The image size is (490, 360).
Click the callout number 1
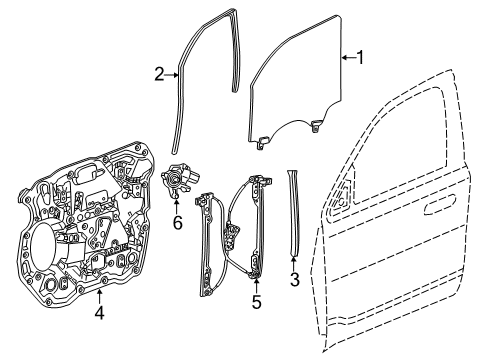tap(361, 59)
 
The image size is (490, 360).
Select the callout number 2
tap(160, 74)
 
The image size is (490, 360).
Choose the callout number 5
tap(256, 299)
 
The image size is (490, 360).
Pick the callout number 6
tap(178, 222)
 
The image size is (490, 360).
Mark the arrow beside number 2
tap(174, 74)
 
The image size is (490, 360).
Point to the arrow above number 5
tap(256, 279)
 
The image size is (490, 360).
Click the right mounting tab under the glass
tap(317, 126)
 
